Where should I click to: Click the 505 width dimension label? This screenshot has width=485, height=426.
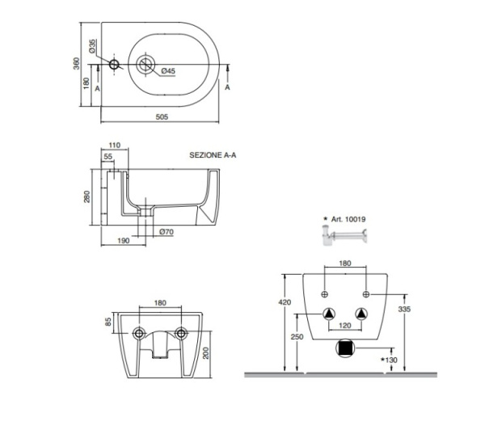(160, 117)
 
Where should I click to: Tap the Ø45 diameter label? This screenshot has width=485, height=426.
(167, 71)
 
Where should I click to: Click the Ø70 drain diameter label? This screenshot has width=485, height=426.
(167, 233)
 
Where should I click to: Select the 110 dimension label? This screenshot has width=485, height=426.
(114, 146)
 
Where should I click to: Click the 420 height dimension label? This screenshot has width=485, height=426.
(284, 302)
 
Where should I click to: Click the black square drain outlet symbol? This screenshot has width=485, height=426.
(344, 348)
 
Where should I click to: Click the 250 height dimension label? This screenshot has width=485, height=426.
(297, 336)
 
